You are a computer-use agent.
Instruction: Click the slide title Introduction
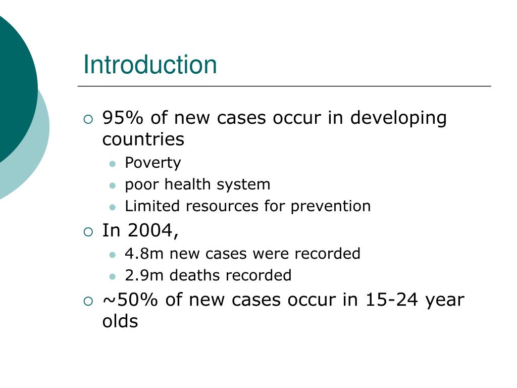point(150,65)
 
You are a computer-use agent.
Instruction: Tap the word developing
point(398,118)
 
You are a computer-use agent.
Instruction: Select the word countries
point(143,139)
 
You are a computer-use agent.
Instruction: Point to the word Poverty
point(152,163)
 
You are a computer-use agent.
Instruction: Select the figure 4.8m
point(144,253)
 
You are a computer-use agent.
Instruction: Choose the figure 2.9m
point(144,275)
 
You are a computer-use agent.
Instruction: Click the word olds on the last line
point(120,321)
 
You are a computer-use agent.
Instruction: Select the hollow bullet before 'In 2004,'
point(88,232)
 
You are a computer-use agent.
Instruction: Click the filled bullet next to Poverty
point(113,164)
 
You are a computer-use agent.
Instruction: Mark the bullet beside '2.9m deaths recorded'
point(113,276)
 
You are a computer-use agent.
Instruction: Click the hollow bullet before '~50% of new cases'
point(88,301)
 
